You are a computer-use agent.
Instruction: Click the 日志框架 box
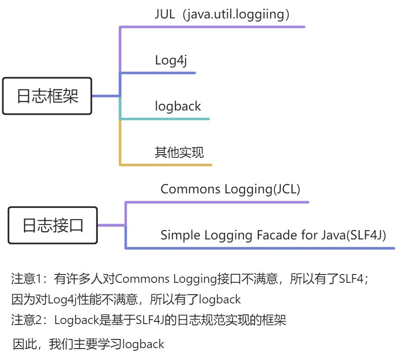47,96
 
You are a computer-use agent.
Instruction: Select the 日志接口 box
53,225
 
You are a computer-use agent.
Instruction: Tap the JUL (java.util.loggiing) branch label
222,14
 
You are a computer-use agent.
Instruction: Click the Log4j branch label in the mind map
171,60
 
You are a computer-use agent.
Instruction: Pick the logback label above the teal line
178,106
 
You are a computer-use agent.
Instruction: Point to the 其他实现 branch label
179,152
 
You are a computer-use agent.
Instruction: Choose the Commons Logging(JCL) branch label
230,189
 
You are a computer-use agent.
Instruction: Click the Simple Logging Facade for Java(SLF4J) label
273,235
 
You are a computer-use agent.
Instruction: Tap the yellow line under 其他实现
167,165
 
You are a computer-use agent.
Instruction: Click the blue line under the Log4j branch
158,73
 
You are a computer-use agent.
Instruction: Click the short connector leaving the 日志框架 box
105,96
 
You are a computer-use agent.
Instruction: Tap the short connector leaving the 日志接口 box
111,225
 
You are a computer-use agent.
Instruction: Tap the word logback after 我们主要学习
143,344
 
